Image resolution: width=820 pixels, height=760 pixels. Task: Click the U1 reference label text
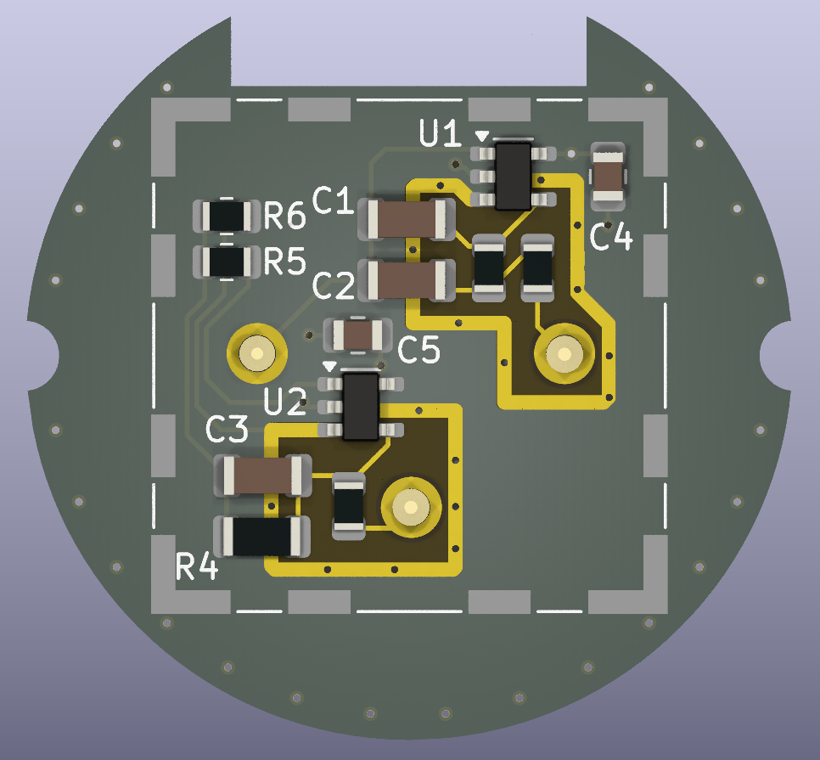pos(441,133)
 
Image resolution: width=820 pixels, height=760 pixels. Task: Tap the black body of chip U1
pos(513,177)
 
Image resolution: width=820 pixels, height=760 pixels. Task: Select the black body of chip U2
pos(360,407)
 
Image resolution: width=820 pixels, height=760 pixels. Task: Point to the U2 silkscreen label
pos(285,402)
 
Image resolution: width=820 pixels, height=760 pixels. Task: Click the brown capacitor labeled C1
pos(407,219)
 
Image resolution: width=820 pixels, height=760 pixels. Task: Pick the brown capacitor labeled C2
pos(407,280)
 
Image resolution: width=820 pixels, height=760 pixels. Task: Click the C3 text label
pos(227,430)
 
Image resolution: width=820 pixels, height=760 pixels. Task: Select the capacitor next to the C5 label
pos(358,335)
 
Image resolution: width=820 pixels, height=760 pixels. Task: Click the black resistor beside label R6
pos(227,216)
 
